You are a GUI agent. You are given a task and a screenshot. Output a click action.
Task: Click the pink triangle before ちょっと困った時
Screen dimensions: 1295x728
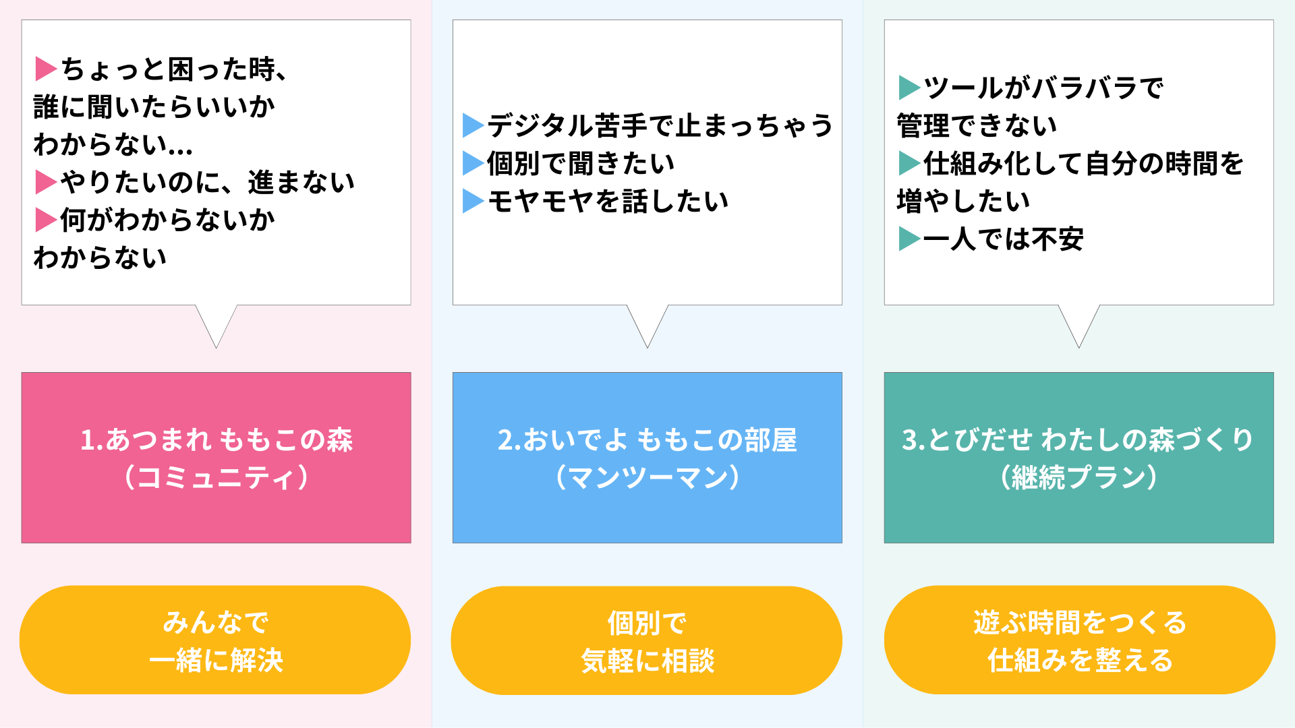pos(45,69)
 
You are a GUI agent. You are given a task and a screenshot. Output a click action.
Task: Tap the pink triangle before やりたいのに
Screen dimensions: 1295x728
pos(45,182)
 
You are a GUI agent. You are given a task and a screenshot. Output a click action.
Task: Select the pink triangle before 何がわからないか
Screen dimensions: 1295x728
pos(45,220)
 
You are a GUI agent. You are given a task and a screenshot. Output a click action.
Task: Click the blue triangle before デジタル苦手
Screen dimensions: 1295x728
pos(473,125)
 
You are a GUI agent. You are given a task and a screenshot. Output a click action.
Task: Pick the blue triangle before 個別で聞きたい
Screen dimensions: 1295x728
pos(473,163)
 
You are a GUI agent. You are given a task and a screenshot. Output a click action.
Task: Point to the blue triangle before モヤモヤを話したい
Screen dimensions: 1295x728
pos(473,201)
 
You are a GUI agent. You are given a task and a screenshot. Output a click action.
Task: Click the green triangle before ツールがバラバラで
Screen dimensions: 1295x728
pos(909,88)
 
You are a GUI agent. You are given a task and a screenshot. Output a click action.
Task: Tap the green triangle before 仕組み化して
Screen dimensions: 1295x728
pos(909,163)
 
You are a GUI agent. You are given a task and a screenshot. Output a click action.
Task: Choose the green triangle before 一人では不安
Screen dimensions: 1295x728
pos(909,239)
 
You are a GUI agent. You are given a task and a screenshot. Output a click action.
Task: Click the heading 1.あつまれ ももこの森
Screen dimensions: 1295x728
pos(217,439)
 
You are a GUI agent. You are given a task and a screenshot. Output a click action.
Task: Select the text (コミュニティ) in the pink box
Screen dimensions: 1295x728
pos(217,477)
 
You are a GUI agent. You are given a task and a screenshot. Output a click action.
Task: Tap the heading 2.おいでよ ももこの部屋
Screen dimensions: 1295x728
pos(647,439)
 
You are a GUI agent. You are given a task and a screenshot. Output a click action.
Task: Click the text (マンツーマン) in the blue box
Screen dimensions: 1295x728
pos(647,477)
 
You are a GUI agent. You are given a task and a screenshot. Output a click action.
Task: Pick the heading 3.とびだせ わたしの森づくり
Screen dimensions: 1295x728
pos(1078,439)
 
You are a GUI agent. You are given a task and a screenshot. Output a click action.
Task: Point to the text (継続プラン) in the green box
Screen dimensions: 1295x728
pos(1078,477)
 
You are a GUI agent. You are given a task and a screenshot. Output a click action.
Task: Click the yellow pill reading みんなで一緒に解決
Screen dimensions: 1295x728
pos(215,640)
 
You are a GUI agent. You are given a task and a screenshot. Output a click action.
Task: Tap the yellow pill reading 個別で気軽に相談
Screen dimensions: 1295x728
pos(647,640)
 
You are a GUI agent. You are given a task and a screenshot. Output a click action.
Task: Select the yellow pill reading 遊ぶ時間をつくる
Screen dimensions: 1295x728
pos(1080,640)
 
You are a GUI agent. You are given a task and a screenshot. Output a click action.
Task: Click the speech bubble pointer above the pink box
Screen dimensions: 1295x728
pos(217,327)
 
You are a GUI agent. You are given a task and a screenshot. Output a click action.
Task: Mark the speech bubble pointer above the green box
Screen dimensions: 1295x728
pos(1079,327)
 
